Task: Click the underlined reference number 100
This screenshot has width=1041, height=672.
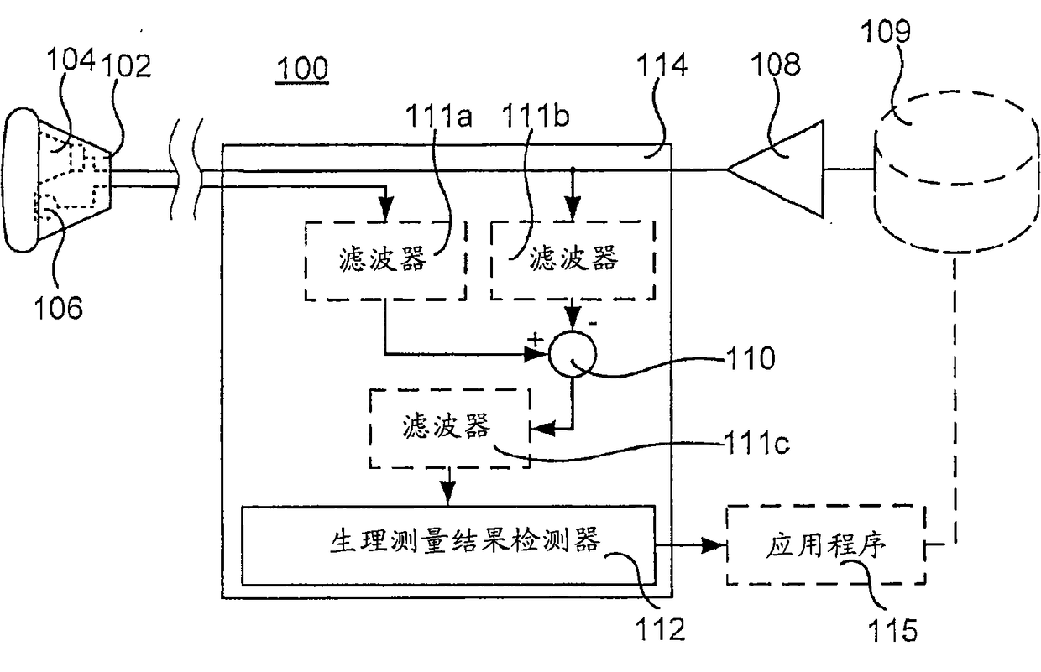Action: [x=302, y=68]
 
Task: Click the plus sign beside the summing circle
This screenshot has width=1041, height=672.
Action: [x=536, y=340]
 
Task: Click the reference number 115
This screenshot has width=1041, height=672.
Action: [x=892, y=630]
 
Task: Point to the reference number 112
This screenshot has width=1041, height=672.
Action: [x=660, y=629]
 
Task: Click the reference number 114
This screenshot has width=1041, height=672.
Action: [x=662, y=65]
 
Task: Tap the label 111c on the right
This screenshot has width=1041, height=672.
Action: [x=756, y=443]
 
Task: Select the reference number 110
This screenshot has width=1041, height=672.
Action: [x=750, y=358]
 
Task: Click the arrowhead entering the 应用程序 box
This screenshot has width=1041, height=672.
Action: [x=714, y=544]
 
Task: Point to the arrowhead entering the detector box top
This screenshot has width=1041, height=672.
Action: [x=448, y=493]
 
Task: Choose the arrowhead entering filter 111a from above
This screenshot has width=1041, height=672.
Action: [x=385, y=209]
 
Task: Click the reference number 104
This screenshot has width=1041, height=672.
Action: [x=71, y=60]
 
